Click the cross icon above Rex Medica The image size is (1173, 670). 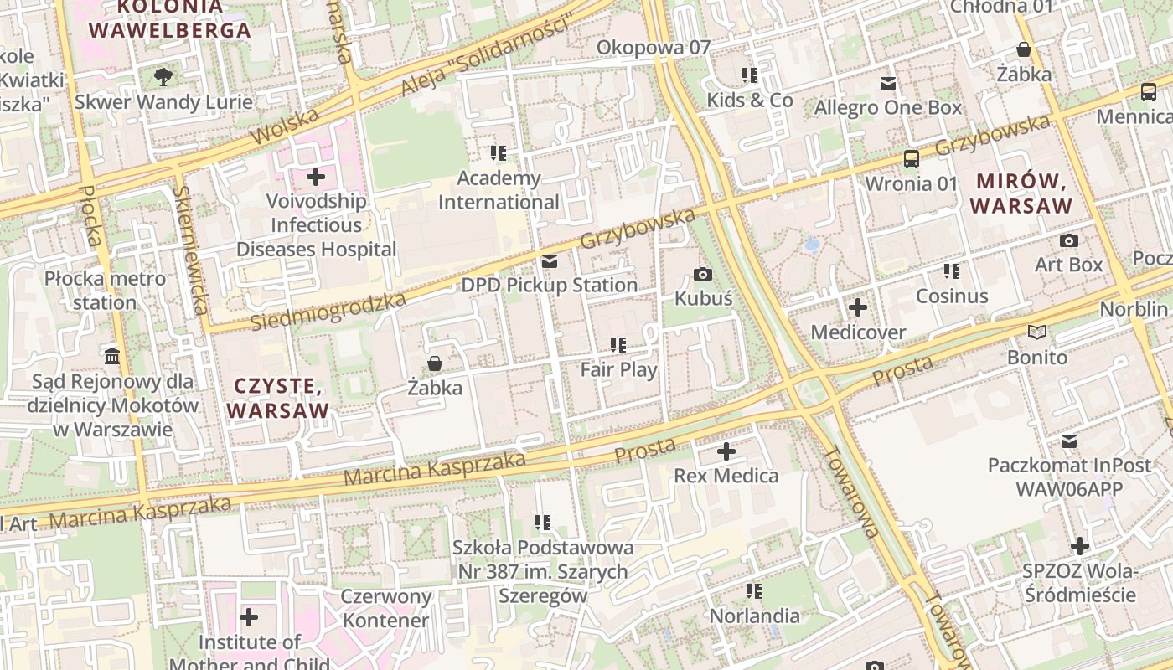(x=726, y=452)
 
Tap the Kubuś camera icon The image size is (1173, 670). (x=704, y=274)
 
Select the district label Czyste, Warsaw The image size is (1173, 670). (x=278, y=399)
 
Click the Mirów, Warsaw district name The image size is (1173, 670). (x=1024, y=193)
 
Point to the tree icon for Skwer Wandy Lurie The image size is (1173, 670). (x=163, y=77)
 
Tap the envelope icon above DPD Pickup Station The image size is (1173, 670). (x=550, y=261)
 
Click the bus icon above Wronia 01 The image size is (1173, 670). (x=911, y=158)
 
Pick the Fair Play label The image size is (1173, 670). (x=619, y=369)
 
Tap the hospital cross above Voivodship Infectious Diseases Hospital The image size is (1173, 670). (x=316, y=177)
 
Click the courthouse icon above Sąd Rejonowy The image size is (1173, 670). (x=112, y=357)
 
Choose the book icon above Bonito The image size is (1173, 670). (x=1037, y=332)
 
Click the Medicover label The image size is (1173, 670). (x=858, y=332)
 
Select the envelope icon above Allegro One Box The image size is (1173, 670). (x=888, y=84)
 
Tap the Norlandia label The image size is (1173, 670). (x=754, y=616)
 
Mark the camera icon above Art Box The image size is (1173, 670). (x=1069, y=241)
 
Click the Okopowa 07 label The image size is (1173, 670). (x=653, y=48)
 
